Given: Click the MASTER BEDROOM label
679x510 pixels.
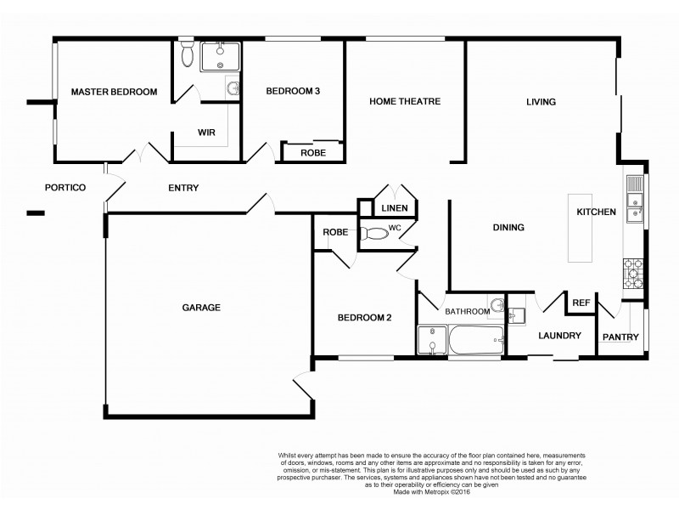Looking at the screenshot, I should tap(114, 92).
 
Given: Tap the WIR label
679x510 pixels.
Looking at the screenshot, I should tap(206, 133).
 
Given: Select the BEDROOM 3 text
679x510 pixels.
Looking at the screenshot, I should tap(293, 92).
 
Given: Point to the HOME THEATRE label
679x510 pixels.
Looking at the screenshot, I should tap(405, 101).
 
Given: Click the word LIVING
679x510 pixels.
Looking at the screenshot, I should tap(541, 102).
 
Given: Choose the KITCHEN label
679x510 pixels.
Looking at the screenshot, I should tap(596, 212).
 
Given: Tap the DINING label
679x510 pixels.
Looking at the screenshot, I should tap(508, 228).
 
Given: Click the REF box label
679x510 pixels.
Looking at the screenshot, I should tap(581, 302).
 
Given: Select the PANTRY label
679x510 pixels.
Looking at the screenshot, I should tap(620, 337).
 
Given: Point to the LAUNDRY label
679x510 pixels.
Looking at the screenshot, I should tap(560, 336).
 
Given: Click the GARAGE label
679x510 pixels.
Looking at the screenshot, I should tap(201, 308).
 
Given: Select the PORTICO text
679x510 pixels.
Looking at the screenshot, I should tap(66, 187).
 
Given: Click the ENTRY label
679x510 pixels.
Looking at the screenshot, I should tap(183, 188).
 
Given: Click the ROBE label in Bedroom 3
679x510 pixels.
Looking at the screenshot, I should tap(313, 153).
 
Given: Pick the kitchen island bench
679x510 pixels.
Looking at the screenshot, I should tap(581, 228).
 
